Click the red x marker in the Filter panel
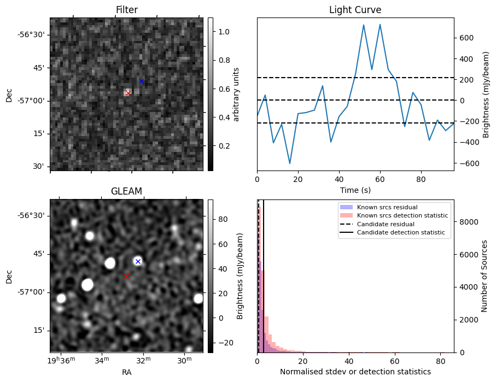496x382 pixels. pos(128,93)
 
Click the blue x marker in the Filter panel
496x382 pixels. pos(141,81)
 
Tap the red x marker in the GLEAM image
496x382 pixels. pos(126,277)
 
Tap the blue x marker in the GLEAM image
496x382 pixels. pos(138,261)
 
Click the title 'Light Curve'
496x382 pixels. pos(355,10)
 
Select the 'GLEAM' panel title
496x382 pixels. pos(126,191)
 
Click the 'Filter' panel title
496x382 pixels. pos(126,10)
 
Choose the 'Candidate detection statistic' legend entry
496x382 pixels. pos(400,233)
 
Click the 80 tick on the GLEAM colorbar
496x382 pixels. pos(220,220)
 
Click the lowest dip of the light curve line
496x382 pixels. pos(290,163)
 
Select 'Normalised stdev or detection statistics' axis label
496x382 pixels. pos(355,372)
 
